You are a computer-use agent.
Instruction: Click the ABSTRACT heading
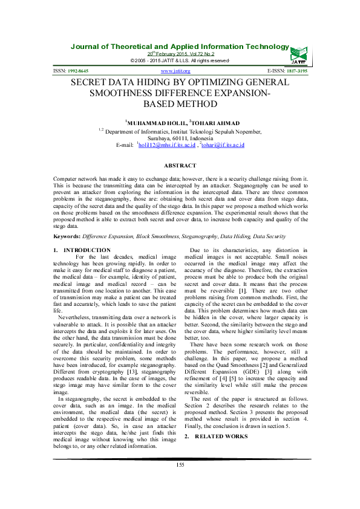pos(180,165)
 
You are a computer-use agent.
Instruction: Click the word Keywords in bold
pos(67,236)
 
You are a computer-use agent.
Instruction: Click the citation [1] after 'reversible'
pos(241,290)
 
